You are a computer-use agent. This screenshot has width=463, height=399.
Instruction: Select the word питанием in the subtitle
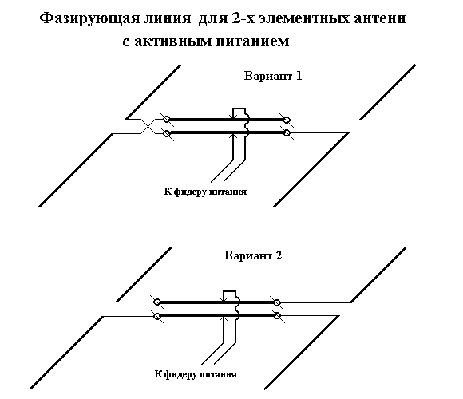[x=252, y=41]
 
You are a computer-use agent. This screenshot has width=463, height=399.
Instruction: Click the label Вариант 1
[x=273, y=76]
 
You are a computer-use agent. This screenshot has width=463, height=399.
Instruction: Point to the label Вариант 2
[x=253, y=255]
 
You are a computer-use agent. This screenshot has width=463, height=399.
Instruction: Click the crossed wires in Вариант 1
[x=148, y=126]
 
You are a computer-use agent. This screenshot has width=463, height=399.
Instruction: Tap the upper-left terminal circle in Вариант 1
[x=167, y=120]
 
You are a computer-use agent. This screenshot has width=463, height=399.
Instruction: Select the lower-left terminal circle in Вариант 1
[x=167, y=133]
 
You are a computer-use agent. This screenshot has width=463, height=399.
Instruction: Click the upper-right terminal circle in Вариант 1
[x=287, y=120]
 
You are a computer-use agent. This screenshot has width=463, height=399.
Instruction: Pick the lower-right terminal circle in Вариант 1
[x=287, y=133]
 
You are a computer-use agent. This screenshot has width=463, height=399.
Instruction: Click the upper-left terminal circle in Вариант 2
[x=157, y=302]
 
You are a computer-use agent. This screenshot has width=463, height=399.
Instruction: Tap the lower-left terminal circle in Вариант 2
[x=157, y=316]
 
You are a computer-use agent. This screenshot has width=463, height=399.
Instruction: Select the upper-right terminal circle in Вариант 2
[x=277, y=302]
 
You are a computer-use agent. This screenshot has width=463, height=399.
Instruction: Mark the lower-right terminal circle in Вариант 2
[x=277, y=316]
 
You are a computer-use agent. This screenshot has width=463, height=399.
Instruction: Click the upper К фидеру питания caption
[x=205, y=192]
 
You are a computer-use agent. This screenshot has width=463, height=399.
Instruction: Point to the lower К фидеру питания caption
[x=196, y=374]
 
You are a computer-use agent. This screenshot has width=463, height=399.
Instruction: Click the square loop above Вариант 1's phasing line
[x=239, y=109]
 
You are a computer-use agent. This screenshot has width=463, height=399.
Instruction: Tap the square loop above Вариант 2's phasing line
[x=229, y=291]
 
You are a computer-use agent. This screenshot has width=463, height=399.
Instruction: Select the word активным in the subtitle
[x=173, y=41]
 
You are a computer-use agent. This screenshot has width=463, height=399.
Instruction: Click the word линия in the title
[x=167, y=18]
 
